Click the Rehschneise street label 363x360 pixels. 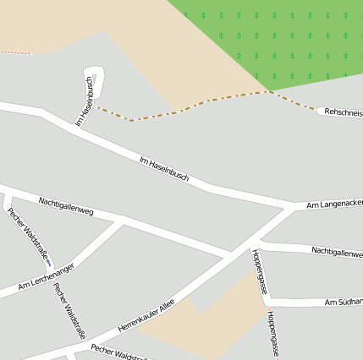pyautogui.click(x=344, y=112)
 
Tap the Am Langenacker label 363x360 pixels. pyautogui.click(x=334, y=205)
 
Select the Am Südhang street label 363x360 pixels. pyautogui.click(x=344, y=302)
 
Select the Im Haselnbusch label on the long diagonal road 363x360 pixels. pyautogui.click(x=163, y=169)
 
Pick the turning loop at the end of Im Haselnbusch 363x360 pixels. pyautogui.click(x=95, y=78)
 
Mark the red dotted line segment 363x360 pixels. pyautogui.click(x=14, y=52)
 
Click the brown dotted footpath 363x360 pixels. pyautogui.click(x=186, y=108)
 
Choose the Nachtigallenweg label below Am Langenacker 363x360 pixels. pyautogui.click(x=337, y=251)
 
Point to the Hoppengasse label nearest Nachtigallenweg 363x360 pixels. pyautogui.click(x=259, y=271)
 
